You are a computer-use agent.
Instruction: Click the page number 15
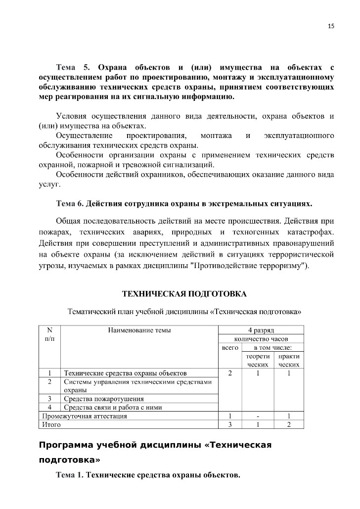pos(331,26)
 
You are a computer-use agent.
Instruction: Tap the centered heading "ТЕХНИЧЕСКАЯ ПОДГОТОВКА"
pos(184,294)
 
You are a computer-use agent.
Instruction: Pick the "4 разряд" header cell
pos(261,330)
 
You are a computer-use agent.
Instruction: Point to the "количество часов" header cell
pos(261,339)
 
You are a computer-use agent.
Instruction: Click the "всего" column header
pos(230,348)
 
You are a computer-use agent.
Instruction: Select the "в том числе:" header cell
pos(272,348)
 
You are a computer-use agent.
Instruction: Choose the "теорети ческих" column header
pos(258,360)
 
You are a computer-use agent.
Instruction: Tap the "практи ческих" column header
pos(289,360)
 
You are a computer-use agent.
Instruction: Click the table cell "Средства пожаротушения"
pos(104,399)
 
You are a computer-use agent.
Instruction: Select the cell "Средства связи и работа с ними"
pos(113,408)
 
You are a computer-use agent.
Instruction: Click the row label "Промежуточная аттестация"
pos(85,416)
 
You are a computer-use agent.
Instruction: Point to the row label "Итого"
pos(51,424)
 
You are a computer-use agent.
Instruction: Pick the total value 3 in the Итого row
pos(230,424)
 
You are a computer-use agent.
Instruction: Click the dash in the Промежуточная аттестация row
pos(258,416)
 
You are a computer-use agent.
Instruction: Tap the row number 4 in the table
pos(49,408)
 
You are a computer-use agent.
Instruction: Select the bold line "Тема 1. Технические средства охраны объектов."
pos(148,476)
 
